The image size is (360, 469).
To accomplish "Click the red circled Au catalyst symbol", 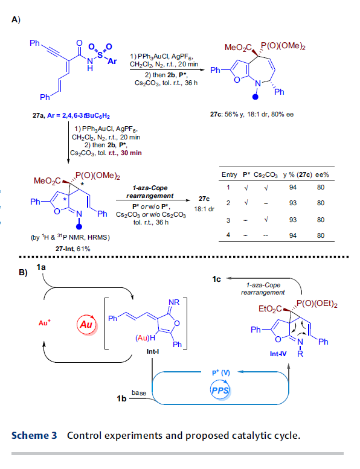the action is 87,325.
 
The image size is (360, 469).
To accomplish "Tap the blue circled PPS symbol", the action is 220,391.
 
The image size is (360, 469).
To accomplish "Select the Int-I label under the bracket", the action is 153,351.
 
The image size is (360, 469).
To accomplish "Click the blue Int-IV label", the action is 278,354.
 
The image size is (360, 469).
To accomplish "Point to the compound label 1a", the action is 41,267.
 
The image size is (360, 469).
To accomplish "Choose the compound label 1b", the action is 121,399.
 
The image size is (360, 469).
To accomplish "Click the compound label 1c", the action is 216,279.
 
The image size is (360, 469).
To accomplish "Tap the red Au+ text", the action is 45,323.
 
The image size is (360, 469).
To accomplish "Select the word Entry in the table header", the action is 229,174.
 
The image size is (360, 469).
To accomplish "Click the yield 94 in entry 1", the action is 293,188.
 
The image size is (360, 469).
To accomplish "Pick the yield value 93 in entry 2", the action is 293,203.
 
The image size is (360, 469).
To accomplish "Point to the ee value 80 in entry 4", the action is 321,235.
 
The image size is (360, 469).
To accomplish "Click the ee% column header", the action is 322,174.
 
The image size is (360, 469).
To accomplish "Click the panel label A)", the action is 16,20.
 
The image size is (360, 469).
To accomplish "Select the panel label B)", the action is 23,272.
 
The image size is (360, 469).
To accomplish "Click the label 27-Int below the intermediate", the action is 65,249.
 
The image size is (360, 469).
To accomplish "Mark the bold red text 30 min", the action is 131,153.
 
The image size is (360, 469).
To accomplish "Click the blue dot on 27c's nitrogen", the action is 255,97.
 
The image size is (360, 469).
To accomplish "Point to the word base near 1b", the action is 139,393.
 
